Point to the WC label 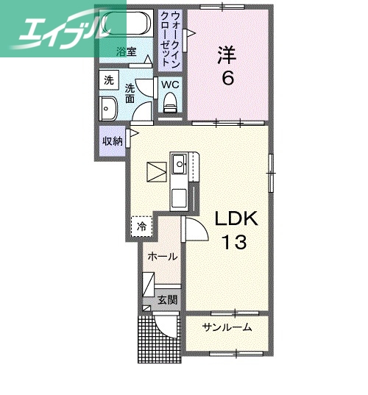[x=171, y=84]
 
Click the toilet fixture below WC [x=171, y=103]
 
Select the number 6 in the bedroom [x=228, y=77]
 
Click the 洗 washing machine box [x=108, y=79]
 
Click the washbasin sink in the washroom [x=108, y=108]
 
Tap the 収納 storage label [x=113, y=140]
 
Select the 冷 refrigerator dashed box [x=141, y=225]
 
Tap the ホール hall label [x=161, y=257]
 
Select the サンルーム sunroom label [x=227, y=327]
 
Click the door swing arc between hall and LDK [x=194, y=230]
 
